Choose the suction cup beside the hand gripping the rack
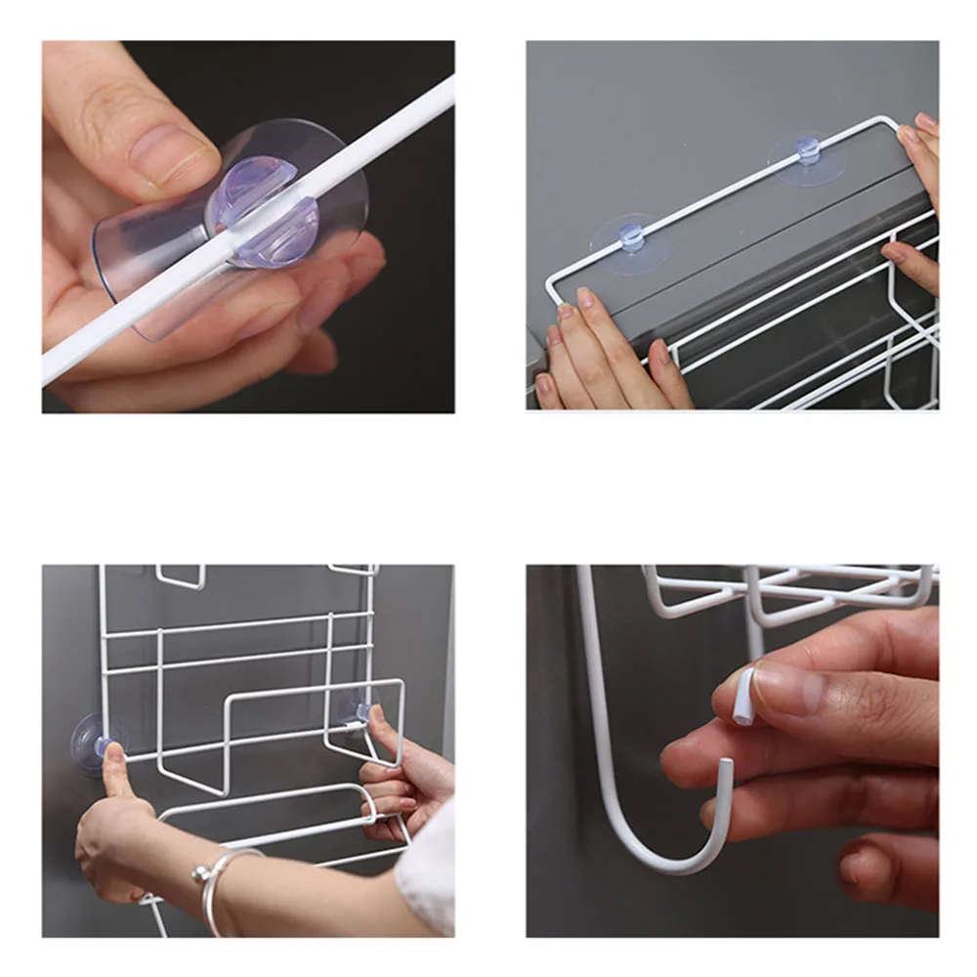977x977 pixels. point(354,705)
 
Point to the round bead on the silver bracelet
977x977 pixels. point(199,874)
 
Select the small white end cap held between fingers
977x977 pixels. point(744,695)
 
